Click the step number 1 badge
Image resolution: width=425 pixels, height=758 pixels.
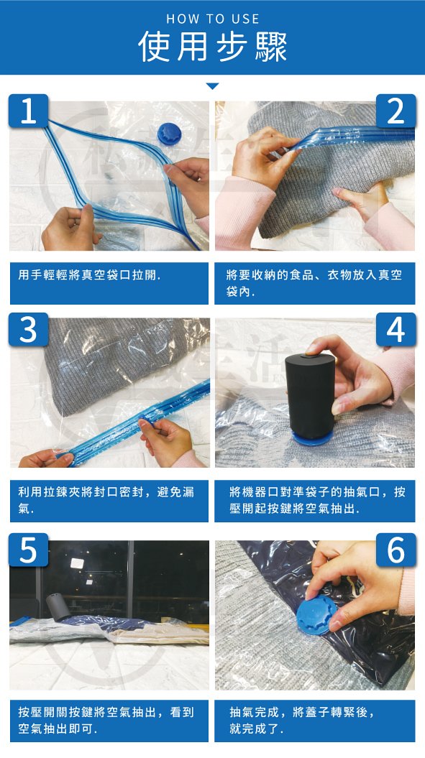[x=28, y=111]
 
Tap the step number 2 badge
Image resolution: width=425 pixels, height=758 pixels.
[x=396, y=111]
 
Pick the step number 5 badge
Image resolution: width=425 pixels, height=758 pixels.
[x=28, y=550]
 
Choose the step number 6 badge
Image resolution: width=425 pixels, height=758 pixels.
[x=396, y=550]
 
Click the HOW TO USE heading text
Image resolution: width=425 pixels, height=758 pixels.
[x=213, y=19]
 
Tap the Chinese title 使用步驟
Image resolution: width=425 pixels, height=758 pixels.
[x=213, y=47]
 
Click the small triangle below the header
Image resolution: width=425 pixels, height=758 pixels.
[x=213, y=86]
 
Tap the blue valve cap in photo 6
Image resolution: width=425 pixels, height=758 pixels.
[x=316, y=614]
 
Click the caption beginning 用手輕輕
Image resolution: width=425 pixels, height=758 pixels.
[x=89, y=275]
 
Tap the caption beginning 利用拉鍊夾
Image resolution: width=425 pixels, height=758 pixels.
[x=106, y=500]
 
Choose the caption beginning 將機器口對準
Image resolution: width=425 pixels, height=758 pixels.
[x=317, y=500]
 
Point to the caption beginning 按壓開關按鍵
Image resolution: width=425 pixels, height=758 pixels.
[x=106, y=720]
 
